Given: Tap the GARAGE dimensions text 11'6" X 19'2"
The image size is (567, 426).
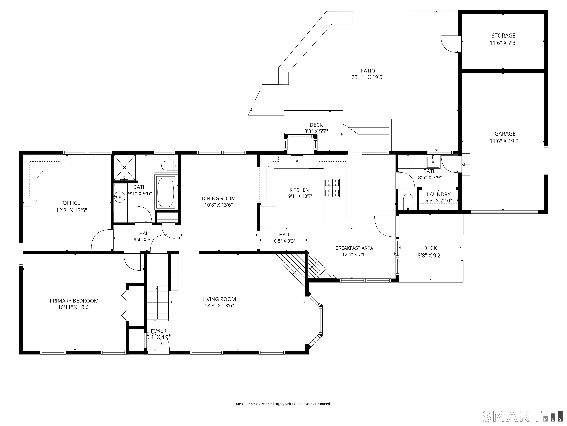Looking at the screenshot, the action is click(x=505, y=141).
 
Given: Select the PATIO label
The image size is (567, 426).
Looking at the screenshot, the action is click(x=368, y=71).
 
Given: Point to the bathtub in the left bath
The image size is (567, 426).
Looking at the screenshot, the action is click(x=166, y=192).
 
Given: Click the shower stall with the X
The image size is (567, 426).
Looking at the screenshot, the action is click(x=125, y=167).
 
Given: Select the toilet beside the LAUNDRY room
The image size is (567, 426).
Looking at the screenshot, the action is click(x=408, y=202).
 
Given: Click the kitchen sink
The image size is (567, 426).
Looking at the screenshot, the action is click(x=297, y=161).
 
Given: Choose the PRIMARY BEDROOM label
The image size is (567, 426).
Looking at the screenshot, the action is click(x=74, y=301).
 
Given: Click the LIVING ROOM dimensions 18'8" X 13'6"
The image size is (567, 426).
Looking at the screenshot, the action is click(x=219, y=306).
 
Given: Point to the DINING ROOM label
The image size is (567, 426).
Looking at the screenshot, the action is click(x=218, y=199).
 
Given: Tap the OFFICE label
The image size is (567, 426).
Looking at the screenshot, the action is click(x=71, y=203).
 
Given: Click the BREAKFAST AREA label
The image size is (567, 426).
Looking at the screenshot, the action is click(x=354, y=248).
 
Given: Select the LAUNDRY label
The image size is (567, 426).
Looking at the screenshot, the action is click(x=439, y=194).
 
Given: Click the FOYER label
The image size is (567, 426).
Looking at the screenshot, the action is click(x=158, y=331).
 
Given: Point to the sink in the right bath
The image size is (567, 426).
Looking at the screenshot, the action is click(x=433, y=162).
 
